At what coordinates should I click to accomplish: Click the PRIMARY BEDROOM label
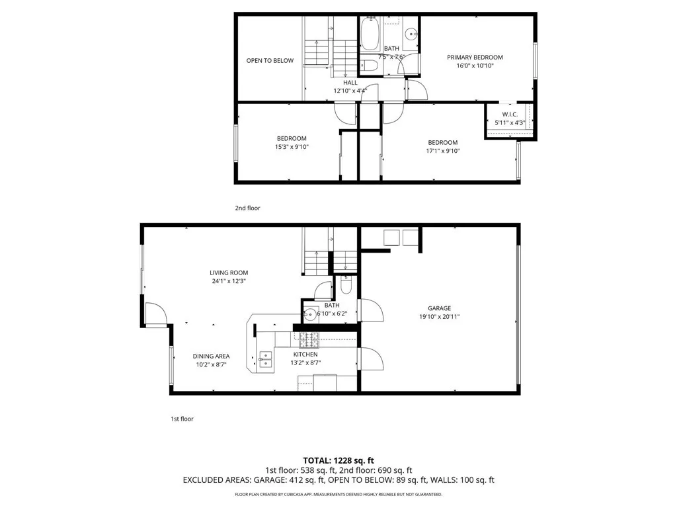pos(475,58)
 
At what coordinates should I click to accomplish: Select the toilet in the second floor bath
pos(368,65)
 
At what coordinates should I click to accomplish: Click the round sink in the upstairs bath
pos(411,34)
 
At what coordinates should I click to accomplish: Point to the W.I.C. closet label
pos(510,114)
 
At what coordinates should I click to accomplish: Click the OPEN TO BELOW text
pos(270,61)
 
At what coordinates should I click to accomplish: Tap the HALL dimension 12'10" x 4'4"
pos(350,91)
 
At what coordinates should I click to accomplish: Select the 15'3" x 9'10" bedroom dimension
pos(292,147)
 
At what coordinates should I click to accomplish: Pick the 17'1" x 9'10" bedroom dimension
pos(442,151)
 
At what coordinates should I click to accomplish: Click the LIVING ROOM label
pos(229,273)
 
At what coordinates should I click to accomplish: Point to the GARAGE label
pos(439,308)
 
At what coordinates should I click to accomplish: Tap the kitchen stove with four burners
pos(309,340)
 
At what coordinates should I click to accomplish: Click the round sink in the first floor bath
pos(309,315)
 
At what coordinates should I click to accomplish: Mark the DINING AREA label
pos(211,356)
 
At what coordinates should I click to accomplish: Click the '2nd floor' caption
pos(248,208)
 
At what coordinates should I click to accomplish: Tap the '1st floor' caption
pos(182,419)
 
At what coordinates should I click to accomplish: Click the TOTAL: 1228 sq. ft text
pos(338,460)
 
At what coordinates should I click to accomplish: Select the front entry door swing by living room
pos(155,314)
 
